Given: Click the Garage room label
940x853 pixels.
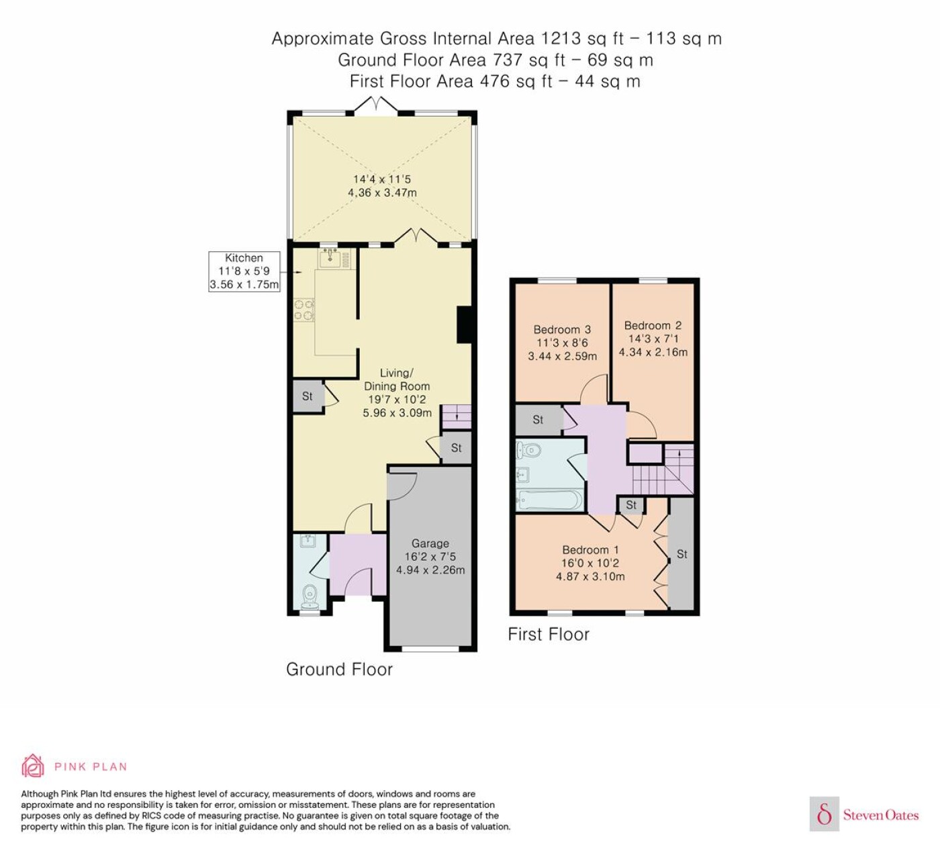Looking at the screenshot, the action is [430, 543].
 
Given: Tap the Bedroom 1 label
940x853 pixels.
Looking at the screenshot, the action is [590, 549].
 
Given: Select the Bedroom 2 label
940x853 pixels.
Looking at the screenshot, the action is [653, 326].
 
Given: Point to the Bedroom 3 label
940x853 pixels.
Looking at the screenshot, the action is [562, 330].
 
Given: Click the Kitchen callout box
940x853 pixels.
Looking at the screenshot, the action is [244, 271].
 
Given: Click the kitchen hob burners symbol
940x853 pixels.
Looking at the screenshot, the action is [303, 311].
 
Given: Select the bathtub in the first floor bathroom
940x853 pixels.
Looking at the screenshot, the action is [549, 500].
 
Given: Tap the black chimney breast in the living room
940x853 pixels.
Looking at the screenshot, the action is [465, 325].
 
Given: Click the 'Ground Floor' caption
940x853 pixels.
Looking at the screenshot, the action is [339, 669].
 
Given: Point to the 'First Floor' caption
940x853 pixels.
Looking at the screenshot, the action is [549, 635].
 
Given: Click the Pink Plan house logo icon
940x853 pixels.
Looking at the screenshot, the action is [33, 766].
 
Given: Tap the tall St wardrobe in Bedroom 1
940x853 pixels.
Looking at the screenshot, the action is [681, 554].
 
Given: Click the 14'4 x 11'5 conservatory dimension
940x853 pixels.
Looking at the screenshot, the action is [382, 179].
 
